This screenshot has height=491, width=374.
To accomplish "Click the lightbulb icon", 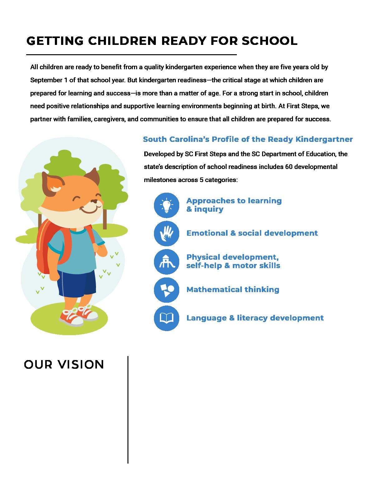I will pyautogui.click(x=166, y=205).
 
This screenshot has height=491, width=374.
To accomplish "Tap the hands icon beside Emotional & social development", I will pyautogui.click(x=166, y=233).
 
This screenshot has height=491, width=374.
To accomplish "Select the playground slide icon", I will pyautogui.click(x=166, y=262).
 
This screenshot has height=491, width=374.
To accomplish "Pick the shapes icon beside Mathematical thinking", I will pyautogui.click(x=166, y=290).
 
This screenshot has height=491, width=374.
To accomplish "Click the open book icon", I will pyautogui.click(x=166, y=318).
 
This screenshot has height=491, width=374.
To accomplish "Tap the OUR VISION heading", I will pyautogui.click(x=64, y=364).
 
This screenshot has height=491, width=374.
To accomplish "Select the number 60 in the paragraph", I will pyautogui.click(x=289, y=167).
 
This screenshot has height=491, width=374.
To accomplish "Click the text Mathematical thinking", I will pyautogui.click(x=233, y=290).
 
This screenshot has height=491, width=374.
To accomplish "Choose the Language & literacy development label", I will pyautogui.click(x=255, y=318).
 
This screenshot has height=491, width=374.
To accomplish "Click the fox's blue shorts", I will pyautogui.click(x=76, y=282).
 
